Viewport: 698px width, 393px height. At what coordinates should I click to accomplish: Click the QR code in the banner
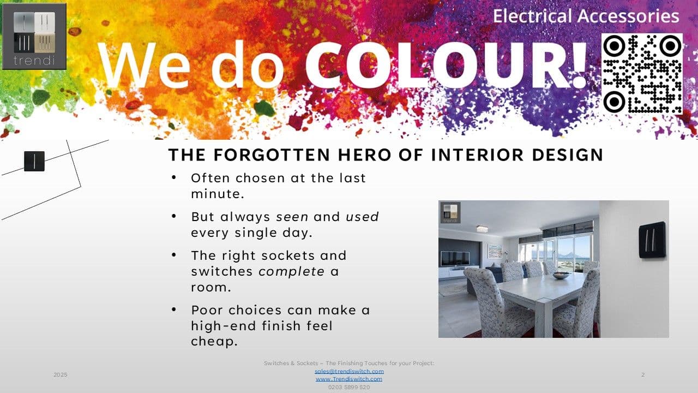click(642, 74)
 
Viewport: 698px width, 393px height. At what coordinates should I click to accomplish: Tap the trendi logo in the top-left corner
click(34, 37)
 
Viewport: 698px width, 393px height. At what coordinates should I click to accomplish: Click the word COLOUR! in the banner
click(446, 65)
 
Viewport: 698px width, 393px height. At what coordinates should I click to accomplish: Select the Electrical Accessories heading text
click(586, 16)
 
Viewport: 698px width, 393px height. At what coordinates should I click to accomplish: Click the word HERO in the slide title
click(364, 155)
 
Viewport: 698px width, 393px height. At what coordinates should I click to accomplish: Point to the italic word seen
click(292, 217)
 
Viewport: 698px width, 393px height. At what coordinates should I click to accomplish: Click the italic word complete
click(292, 272)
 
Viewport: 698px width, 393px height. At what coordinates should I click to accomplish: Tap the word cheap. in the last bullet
click(214, 341)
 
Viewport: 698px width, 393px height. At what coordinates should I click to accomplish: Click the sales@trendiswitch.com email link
click(349, 371)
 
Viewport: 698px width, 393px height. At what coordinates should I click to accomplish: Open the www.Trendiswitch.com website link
click(349, 379)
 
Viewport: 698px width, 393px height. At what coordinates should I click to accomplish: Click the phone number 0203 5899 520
click(349, 387)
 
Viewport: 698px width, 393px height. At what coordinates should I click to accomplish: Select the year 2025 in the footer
click(61, 374)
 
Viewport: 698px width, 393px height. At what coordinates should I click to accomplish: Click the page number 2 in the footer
click(643, 374)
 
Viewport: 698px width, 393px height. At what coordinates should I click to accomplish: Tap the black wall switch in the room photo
click(652, 240)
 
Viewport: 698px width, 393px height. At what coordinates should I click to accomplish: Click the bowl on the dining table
click(561, 276)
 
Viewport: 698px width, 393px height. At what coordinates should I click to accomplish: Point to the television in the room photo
click(455, 258)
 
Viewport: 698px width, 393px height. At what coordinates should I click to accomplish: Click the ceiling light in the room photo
click(482, 229)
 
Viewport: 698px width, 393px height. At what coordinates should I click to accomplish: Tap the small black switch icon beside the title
click(34, 161)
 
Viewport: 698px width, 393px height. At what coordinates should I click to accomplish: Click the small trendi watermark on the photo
click(450, 213)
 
